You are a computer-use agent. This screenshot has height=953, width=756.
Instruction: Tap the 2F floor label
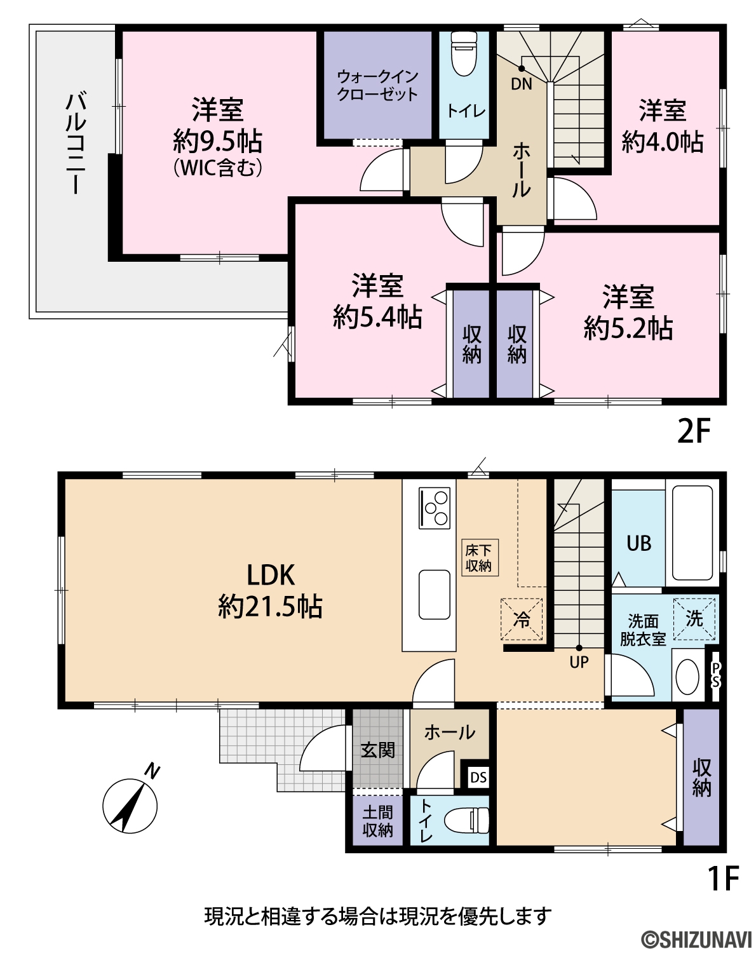point(694,431)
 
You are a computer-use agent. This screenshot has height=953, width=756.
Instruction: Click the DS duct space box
point(478,777)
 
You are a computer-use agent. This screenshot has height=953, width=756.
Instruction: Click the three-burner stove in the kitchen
point(435,508)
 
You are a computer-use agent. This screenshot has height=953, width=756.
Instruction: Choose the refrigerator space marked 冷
point(522,619)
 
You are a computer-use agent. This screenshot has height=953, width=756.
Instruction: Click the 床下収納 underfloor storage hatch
point(480,558)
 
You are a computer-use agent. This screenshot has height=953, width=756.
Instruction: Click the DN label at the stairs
point(522,84)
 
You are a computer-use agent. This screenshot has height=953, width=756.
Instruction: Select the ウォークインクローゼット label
point(377,86)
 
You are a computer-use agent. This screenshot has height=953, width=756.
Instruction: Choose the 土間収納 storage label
point(377,821)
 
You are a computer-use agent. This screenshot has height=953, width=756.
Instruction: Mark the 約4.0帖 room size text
point(662,142)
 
